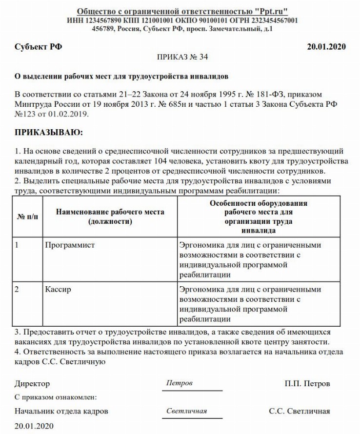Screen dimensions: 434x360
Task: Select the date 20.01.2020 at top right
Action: (326, 47)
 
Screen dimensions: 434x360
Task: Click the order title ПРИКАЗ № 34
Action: (183, 57)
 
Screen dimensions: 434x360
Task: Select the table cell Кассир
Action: (58, 289)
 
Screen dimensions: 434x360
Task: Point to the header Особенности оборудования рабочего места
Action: (259, 208)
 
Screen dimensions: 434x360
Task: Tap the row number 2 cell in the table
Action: (17, 289)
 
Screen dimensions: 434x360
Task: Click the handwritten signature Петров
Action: (179, 383)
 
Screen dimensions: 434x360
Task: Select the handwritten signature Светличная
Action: (186, 411)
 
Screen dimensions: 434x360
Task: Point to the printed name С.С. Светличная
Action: (299, 411)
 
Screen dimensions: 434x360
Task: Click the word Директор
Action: (32, 384)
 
